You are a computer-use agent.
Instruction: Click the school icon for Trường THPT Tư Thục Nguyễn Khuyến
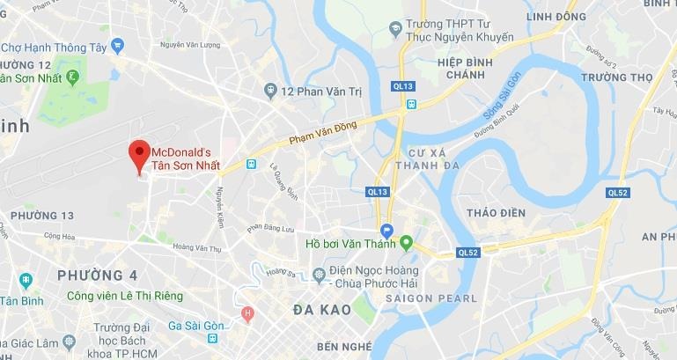point(398,29)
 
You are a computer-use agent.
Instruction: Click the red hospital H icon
point(248,313)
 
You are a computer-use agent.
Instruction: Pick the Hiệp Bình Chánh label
point(445,70)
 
